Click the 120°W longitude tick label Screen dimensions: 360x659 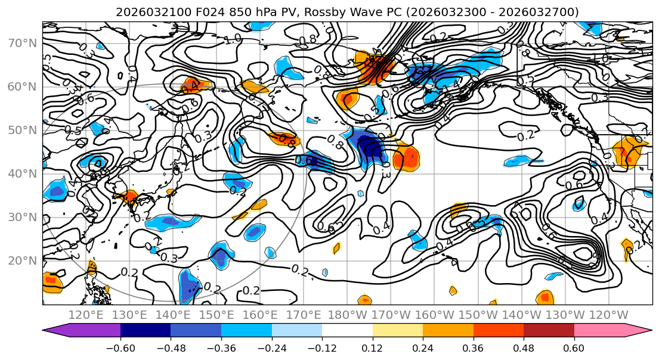(608, 315)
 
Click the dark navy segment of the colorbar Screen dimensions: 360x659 (146, 330)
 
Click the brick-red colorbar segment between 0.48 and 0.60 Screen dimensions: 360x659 (549, 330)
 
